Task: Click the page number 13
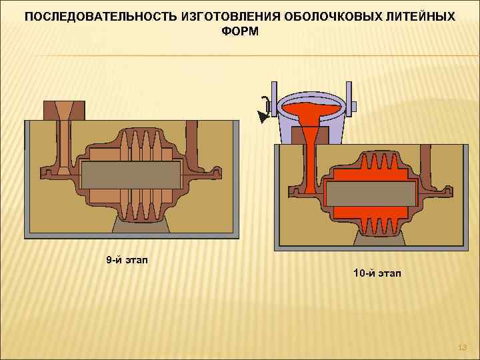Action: pyautogui.click(x=463, y=347)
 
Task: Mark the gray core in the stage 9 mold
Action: pyautogui.click(x=131, y=175)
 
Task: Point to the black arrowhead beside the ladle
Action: pyautogui.click(x=263, y=118)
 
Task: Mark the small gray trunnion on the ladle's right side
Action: pyautogui.click(x=353, y=106)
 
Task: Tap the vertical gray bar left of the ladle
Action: pyautogui.click(x=273, y=100)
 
